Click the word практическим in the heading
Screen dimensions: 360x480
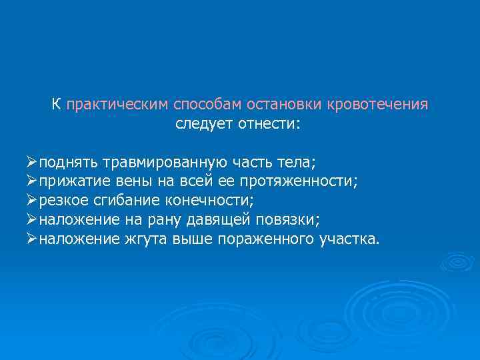pyautogui.click(x=117, y=105)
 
